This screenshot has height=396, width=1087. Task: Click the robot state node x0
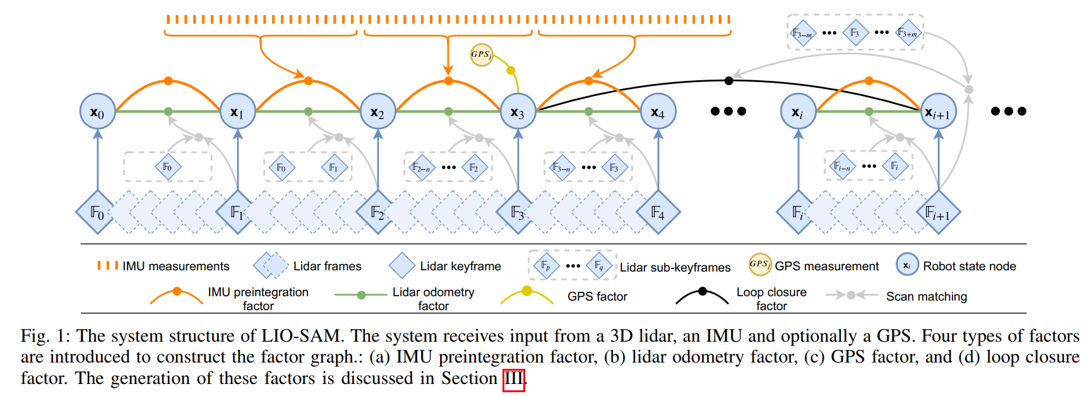pyautogui.click(x=97, y=112)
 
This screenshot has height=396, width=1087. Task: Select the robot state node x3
pyautogui.click(x=518, y=112)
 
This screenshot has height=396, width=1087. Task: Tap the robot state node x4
pyautogui.click(x=658, y=112)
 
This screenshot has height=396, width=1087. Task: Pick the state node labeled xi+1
pyautogui.click(x=938, y=112)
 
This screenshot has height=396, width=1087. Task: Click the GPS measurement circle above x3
pyautogui.click(x=481, y=54)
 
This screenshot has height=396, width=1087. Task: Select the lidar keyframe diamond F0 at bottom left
pyautogui.click(x=97, y=212)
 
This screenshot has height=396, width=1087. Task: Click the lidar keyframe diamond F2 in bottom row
pyautogui.click(x=377, y=212)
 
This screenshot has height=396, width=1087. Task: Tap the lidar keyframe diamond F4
pyautogui.click(x=658, y=212)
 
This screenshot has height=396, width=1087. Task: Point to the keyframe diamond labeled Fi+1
pyautogui.click(x=938, y=213)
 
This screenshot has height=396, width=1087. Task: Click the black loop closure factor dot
pyautogui.click(x=728, y=80)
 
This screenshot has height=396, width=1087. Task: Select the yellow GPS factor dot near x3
pyautogui.click(x=511, y=70)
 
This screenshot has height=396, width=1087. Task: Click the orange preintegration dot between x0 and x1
pyautogui.click(x=168, y=81)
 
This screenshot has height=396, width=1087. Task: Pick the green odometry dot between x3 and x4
pyautogui.click(x=588, y=111)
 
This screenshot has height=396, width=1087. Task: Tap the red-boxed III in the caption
pyautogui.click(x=513, y=379)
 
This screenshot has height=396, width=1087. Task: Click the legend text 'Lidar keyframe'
pyautogui.click(x=460, y=267)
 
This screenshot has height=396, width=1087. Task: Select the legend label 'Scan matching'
pyautogui.click(x=926, y=296)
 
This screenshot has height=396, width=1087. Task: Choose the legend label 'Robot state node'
pyautogui.click(x=969, y=267)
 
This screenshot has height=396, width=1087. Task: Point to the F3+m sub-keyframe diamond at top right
pyautogui.click(x=908, y=33)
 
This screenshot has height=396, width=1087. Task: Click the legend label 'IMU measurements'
pyautogui.click(x=175, y=267)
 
